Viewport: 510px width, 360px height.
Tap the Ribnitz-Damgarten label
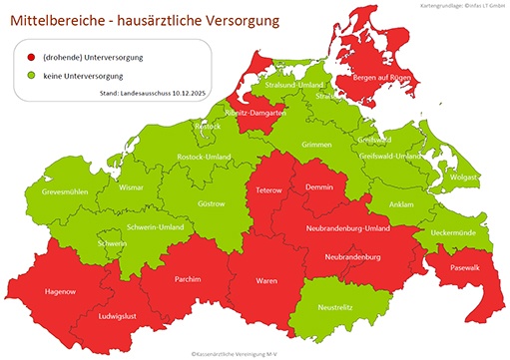click(x=256, y=113)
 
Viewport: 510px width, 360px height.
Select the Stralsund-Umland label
click(x=295, y=86)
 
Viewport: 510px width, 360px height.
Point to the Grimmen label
click(x=316, y=145)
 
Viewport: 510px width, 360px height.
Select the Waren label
click(x=266, y=282)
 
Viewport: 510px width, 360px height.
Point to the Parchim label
click(x=188, y=279)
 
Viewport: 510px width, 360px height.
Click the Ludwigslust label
click(x=120, y=316)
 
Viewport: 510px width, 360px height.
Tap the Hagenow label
click(x=61, y=291)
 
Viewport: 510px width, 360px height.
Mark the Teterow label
click(x=270, y=189)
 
